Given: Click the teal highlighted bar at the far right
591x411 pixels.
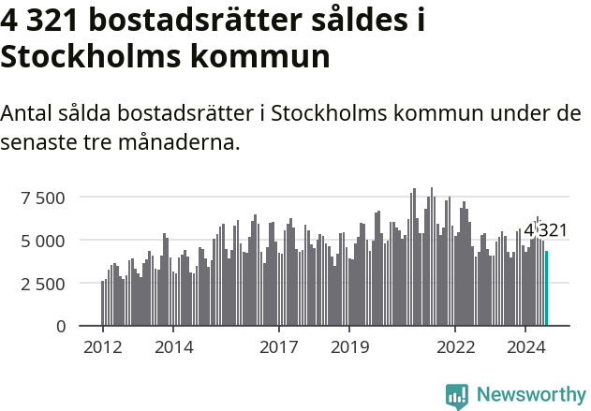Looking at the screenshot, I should [547, 288].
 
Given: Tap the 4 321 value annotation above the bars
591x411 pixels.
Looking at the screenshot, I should [545, 230].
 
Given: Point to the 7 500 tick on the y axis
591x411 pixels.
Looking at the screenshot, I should [43, 198].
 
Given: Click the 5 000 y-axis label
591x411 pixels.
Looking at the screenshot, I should [43, 241].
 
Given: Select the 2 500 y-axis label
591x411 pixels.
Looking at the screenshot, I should [43, 284].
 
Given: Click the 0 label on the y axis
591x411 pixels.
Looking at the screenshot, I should [61, 327].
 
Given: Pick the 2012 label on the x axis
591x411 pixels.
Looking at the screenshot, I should [102, 348].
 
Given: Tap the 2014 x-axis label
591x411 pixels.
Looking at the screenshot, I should [173, 348].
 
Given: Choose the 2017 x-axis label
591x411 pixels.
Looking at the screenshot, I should [279, 348].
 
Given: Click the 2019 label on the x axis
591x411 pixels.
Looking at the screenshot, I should [349, 348].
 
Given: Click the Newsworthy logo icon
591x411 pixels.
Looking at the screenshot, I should [457, 395].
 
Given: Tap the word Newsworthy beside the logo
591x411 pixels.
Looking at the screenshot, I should [531, 395].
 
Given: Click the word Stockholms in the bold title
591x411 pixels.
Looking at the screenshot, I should [91, 56].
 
